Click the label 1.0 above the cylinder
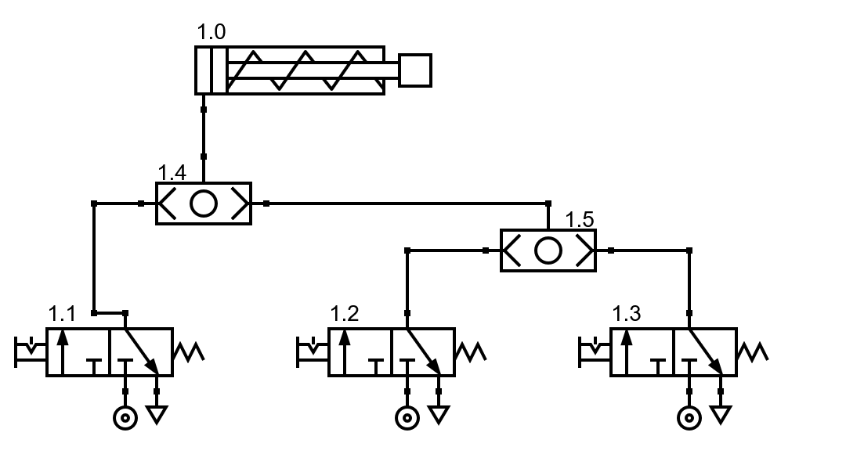(211, 33)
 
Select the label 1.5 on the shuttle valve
(580, 220)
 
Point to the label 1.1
(62, 315)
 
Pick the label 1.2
(344, 315)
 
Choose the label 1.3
(626, 315)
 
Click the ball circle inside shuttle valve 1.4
(204, 204)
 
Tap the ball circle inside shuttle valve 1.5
(548, 250)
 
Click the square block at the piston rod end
(415, 70)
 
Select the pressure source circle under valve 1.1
(125, 418)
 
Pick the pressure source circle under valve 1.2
(407, 418)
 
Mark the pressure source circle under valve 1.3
(689, 418)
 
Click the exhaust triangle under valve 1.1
(157, 414)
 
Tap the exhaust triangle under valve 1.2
(439, 414)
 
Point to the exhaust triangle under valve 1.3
(721, 414)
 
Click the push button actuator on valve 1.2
(312, 351)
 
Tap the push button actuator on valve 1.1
(30, 351)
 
